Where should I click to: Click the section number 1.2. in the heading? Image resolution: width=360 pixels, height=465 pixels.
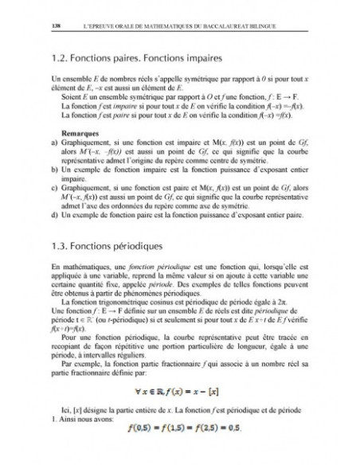61,58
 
